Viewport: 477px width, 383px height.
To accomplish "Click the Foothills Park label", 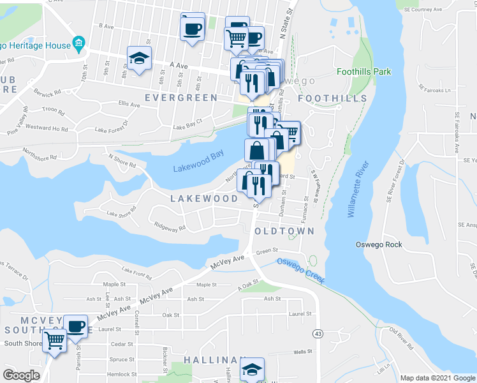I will coord(363,72).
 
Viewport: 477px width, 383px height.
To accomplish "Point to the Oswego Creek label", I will coord(301,270).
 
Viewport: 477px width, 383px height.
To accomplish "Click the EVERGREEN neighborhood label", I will coord(181,98).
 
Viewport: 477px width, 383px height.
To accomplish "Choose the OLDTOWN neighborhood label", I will coord(284,230).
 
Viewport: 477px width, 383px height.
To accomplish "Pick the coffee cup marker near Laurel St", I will coord(75,326).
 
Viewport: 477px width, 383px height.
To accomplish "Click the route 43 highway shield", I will coord(317,333).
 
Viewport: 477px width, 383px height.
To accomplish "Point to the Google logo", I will coord(21,375).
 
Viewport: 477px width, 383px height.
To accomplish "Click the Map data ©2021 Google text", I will coord(437,378).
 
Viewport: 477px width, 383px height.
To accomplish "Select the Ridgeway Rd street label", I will coord(170,226).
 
